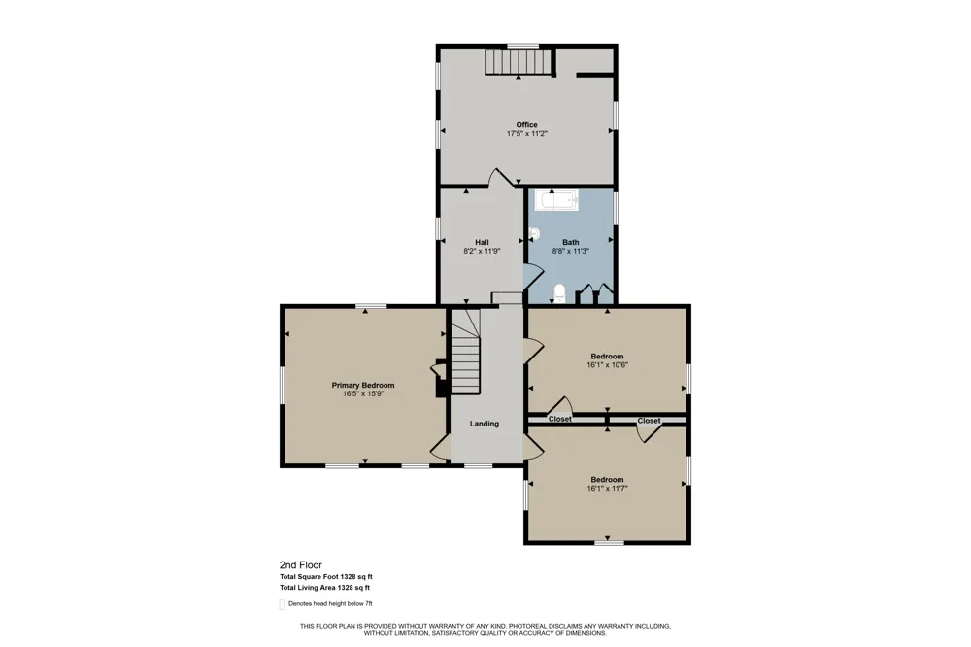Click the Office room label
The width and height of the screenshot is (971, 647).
point(526,124)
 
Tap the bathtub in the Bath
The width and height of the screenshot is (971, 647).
point(556,200)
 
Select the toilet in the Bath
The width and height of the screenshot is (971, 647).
point(560,293)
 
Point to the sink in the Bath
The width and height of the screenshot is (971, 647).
point(534,233)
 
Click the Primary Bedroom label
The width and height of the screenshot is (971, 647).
point(363,385)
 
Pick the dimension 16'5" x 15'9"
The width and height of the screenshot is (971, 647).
point(363,393)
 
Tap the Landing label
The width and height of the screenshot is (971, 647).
point(485,424)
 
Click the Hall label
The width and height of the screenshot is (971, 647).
point(482,242)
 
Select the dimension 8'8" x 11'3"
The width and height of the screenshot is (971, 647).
point(570,251)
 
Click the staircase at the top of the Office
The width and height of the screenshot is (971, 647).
point(518,61)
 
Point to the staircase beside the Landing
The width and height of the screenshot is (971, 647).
point(465,352)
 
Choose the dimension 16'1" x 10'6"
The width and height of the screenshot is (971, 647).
point(608,365)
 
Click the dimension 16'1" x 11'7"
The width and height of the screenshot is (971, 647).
point(608,489)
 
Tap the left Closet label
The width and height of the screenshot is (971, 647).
point(560,420)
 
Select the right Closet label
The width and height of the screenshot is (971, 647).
point(649,421)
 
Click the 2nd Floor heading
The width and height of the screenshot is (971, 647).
point(301,565)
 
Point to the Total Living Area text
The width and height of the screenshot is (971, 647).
point(325,588)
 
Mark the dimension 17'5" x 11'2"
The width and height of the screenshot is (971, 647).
point(527,133)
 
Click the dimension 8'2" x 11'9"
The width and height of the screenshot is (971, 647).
point(482,251)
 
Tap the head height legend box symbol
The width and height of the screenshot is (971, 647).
point(282,605)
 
